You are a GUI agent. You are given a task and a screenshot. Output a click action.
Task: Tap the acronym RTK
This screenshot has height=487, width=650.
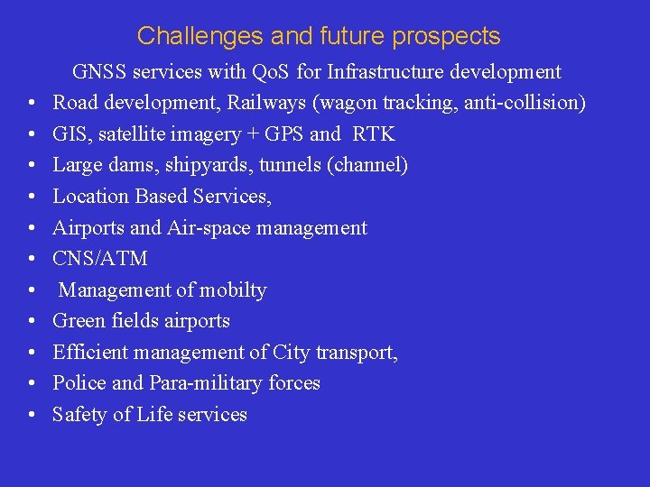point(374,134)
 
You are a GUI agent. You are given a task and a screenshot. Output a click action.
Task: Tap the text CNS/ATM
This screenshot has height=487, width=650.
point(100,259)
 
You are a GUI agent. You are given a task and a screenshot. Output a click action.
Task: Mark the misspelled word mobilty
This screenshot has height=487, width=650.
point(234,290)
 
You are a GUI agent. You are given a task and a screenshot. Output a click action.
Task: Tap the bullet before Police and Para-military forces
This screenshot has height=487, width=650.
point(31,383)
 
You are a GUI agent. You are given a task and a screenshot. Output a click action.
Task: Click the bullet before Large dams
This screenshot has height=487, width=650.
point(31,166)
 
